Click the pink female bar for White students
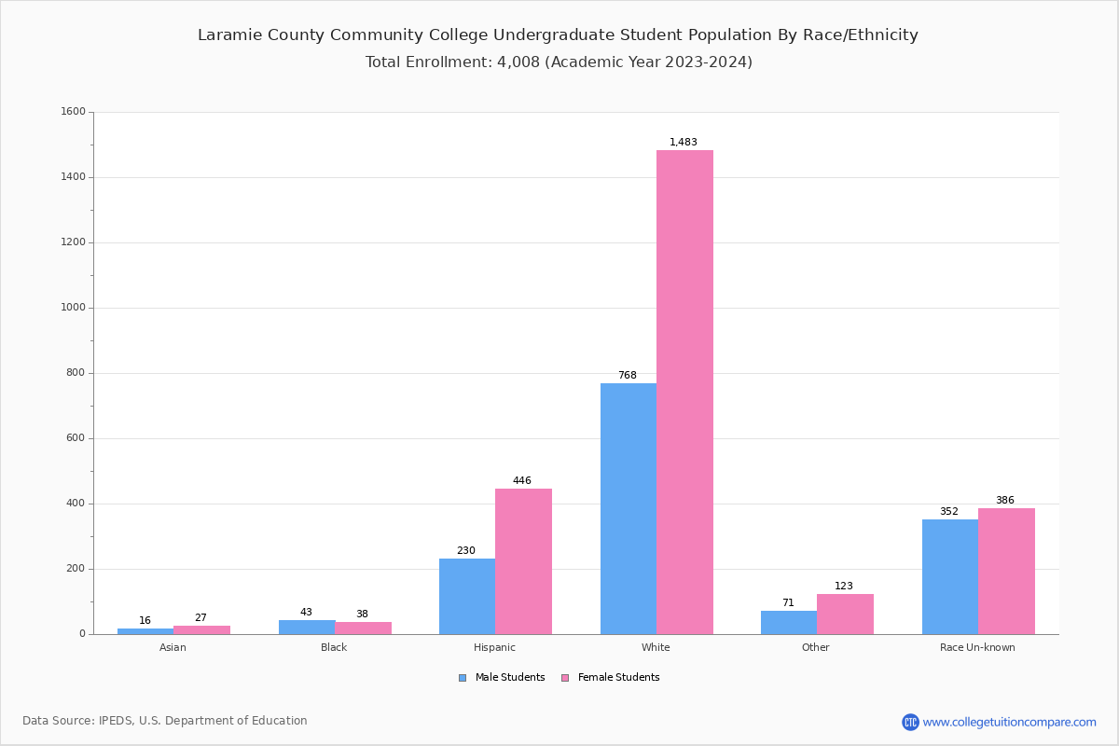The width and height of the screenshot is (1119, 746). click(x=684, y=392)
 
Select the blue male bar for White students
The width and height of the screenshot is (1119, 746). click(x=629, y=508)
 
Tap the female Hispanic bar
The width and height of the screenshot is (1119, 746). click(x=523, y=561)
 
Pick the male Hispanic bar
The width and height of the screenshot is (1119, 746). click(x=467, y=597)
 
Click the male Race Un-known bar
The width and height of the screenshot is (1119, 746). click(x=950, y=576)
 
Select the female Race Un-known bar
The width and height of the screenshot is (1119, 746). click(x=1006, y=571)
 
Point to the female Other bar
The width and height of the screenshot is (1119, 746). click(x=845, y=614)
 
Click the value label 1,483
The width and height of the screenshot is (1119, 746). click(x=684, y=143)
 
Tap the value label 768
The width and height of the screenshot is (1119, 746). click(x=628, y=376)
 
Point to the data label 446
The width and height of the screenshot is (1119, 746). click(x=522, y=481)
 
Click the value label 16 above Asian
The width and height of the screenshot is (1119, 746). click(x=145, y=621)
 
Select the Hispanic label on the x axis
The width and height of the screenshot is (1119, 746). click(x=494, y=647)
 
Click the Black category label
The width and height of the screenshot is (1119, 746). click(x=334, y=647)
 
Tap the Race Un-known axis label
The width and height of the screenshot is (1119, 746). click(x=977, y=647)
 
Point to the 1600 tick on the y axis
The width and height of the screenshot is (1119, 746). click(x=73, y=112)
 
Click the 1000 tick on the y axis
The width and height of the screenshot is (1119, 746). click(x=73, y=308)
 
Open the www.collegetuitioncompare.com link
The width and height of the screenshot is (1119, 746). click(x=1009, y=722)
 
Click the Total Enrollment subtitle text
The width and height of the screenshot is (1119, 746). click(x=559, y=62)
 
